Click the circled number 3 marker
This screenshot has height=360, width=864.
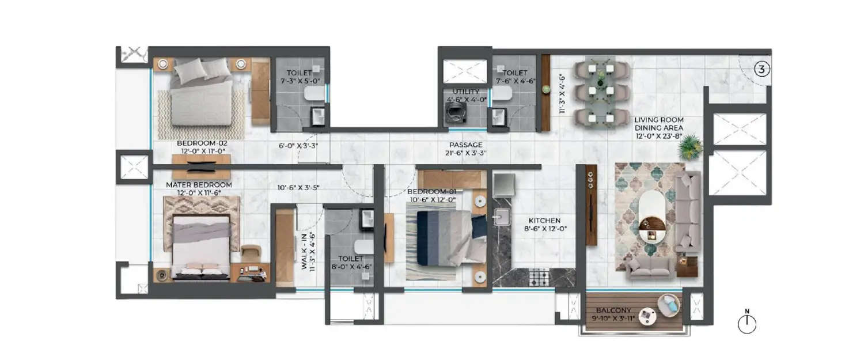coord(762,70)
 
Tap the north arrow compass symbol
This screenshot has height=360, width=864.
coord(746,324)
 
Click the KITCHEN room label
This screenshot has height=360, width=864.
coord(545,220)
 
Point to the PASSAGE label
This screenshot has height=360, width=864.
coord(467,145)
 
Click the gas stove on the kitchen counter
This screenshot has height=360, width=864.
coord(539,277)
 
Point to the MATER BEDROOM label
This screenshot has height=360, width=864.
coord(199,185)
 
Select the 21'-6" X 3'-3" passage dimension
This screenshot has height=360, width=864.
coord(467,154)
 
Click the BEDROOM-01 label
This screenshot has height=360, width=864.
coord(432,191)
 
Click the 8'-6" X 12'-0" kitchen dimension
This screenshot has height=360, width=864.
coord(545,229)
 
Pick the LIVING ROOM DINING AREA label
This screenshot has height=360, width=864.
coord(659,124)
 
